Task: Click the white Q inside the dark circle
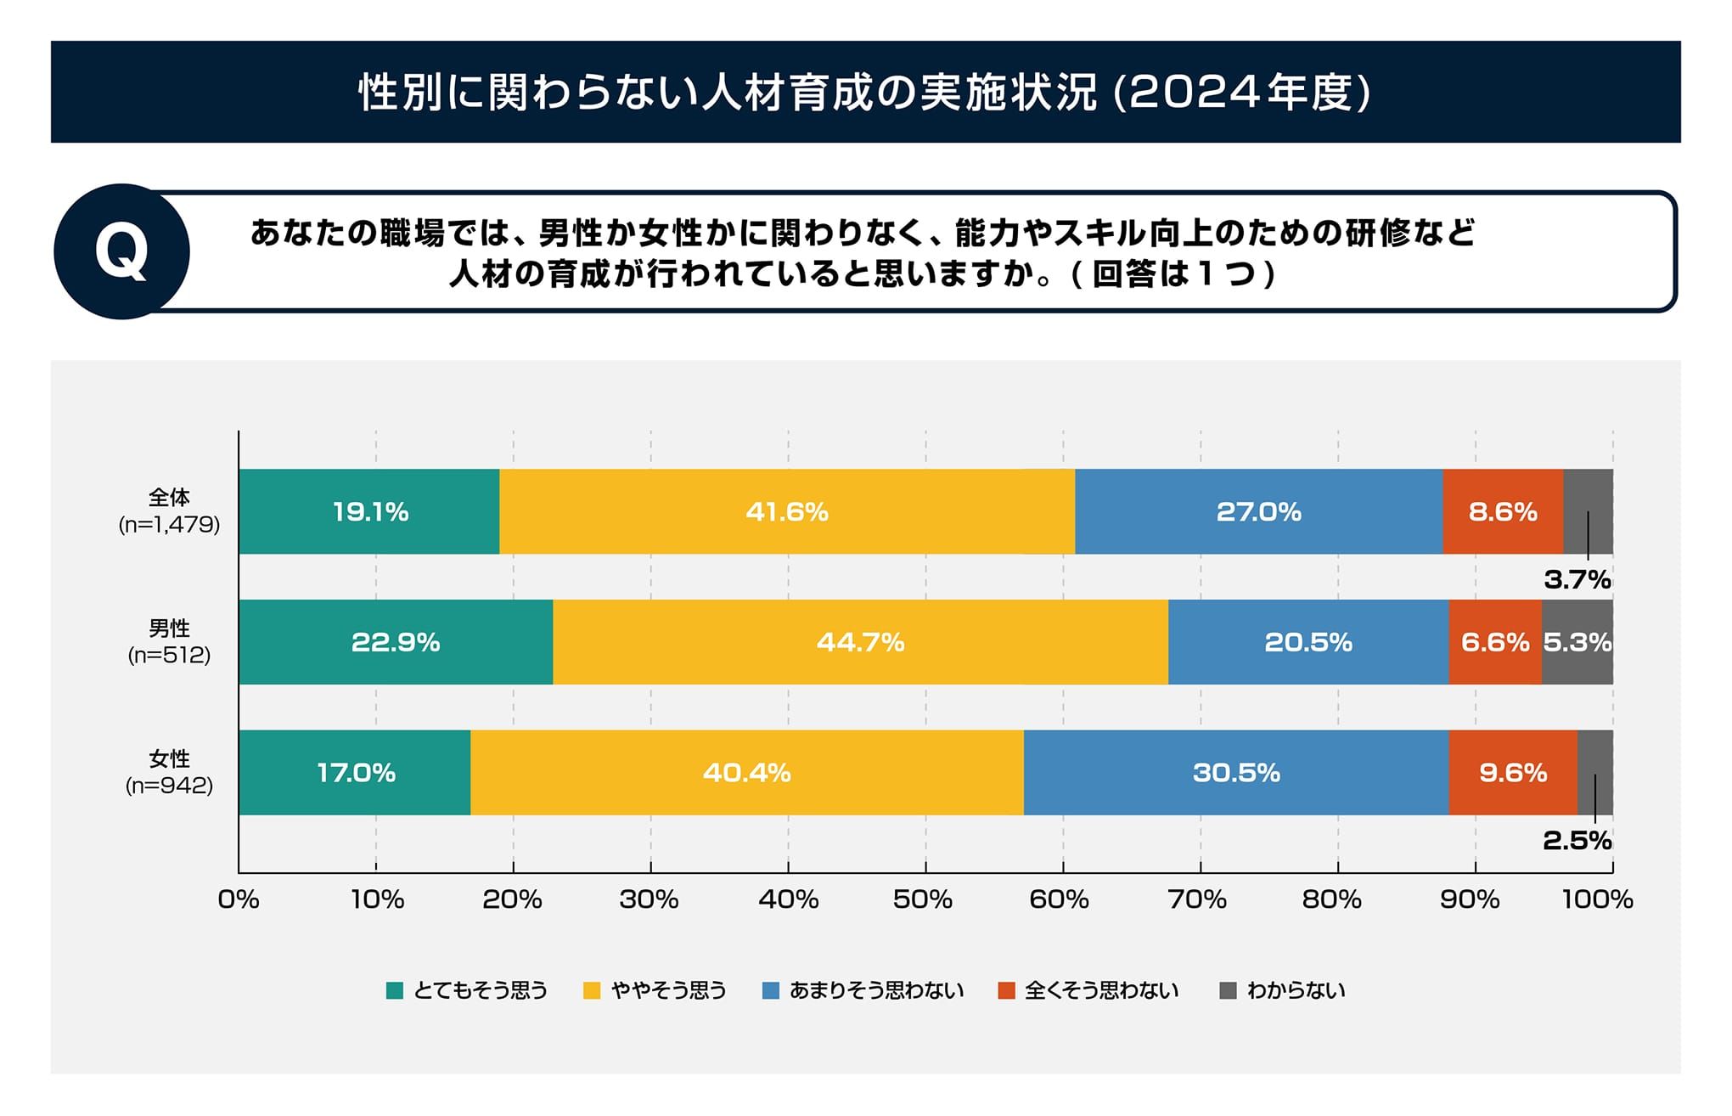pyautogui.click(x=121, y=252)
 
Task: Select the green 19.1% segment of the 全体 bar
pyautogui.click(x=369, y=512)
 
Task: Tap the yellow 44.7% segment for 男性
pyautogui.click(x=860, y=642)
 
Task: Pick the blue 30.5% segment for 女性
pyautogui.click(x=1235, y=773)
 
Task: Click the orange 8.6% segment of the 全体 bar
pyautogui.click(x=1502, y=512)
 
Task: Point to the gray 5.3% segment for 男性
pyautogui.click(x=1577, y=642)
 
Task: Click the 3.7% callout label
pyautogui.click(x=1577, y=580)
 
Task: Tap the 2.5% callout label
pyautogui.click(x=1577, y=841)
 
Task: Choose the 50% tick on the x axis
pyautogui.click(x=924, y=899)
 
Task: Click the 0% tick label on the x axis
pyautogui.click(x=239, y=899)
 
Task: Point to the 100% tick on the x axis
pyautogui.click(x=1598, y=899)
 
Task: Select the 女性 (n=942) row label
pyautogui.click(x=169, y=772)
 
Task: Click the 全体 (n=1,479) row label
pyautogui.click(x=169, y=511)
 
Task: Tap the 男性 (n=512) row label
pyautogui.click(x=169, y=642)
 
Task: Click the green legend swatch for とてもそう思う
pyautogui.click(x=395, y=990)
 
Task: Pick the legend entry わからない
pyautogui.click(x=1296, y=990)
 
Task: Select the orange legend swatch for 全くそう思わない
pyautogui.click(x=1007, y=990)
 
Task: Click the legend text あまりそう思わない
pyautogui.click(x=876, y=990)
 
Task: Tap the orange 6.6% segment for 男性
pyautogui.click(x=1494, y=642)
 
